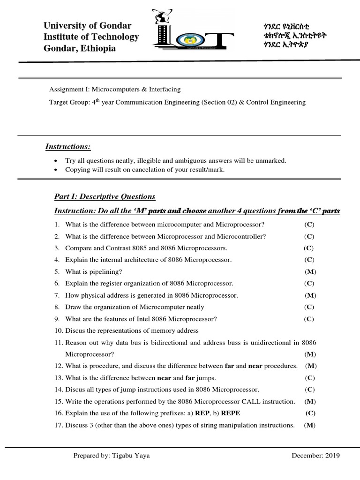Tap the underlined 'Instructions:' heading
click(x=67, y=147)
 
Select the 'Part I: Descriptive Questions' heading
click(x=105, y=196)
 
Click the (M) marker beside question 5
click(x=310, y=271)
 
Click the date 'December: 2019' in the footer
click(x=315, y=455)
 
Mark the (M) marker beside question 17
click(x=310, y=425)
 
